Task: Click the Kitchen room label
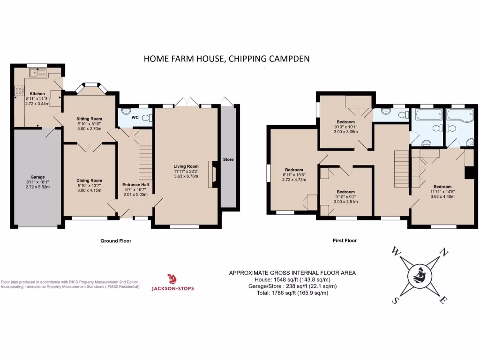[37, 93]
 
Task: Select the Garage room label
[37, 177]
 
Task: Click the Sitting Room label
[89, 119]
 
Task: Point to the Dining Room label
[89, 180]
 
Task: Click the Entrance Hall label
[135, 185]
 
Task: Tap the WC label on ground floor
[135, 117]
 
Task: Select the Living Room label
[186, 166]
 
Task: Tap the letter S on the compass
[395, 300]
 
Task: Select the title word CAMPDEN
[289, 59]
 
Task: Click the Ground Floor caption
[115, 241]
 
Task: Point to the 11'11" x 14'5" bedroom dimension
[442, 191]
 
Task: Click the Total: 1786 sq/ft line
[292, 293]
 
